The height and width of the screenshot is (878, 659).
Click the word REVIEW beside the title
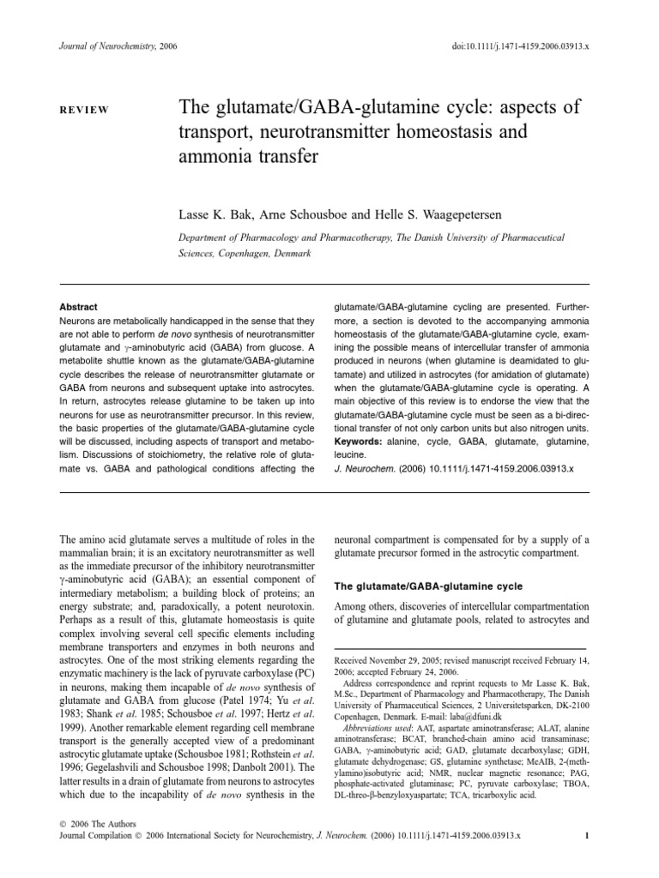(x=82, y=111)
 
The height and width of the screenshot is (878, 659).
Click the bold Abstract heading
(x=78, y=307)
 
